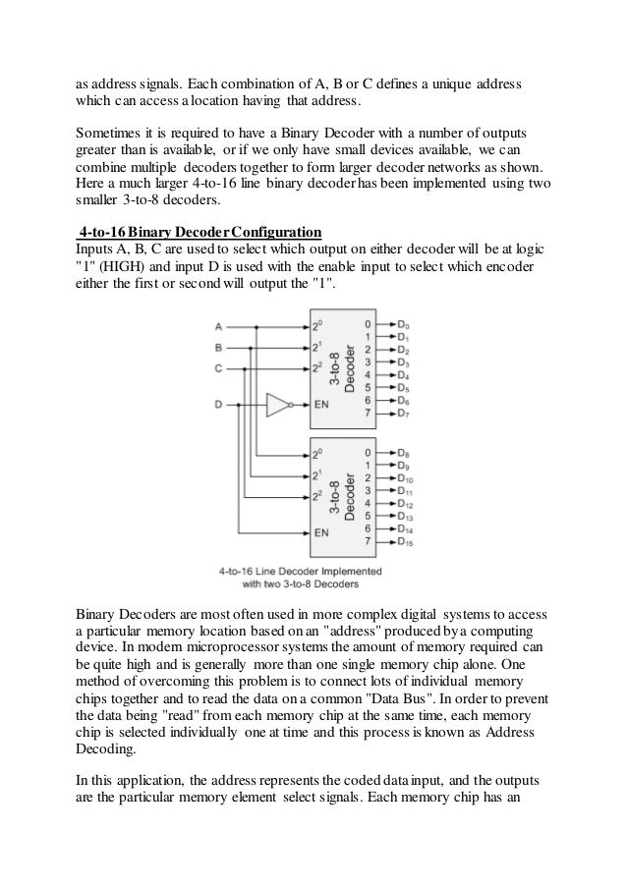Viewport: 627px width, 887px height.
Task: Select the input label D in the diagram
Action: coord(217,404)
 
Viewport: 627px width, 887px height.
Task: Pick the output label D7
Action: coord(405,414)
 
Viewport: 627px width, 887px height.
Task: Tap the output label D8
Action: coord(405,453)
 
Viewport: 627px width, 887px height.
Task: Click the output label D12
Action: coord(406,504)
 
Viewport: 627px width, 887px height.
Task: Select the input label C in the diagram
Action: coord(217,369)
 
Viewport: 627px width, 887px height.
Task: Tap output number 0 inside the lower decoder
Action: coord(367,453)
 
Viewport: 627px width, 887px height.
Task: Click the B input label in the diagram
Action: coord(217,347)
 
